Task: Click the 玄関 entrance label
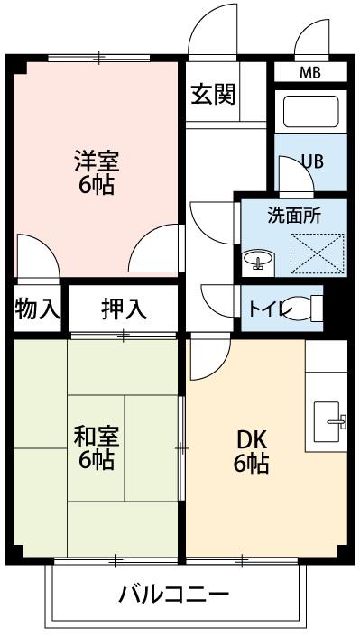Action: point(214,95)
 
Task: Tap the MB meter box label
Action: point(310,73)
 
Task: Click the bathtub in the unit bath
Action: point(311,112)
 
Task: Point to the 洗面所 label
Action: point(294,216)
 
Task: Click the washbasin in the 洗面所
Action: point(258,260)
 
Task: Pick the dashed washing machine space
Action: point(318,253)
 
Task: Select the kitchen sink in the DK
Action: point(329,422)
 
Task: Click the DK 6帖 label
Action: point(251,451)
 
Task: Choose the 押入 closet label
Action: point(124,310)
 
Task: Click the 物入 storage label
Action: point(37,310)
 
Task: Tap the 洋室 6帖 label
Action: point(97,172)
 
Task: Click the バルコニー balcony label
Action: point(174,595)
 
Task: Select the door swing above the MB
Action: point(311,37)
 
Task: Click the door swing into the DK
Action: point(210,356)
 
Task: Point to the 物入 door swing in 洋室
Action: point(38,256)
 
